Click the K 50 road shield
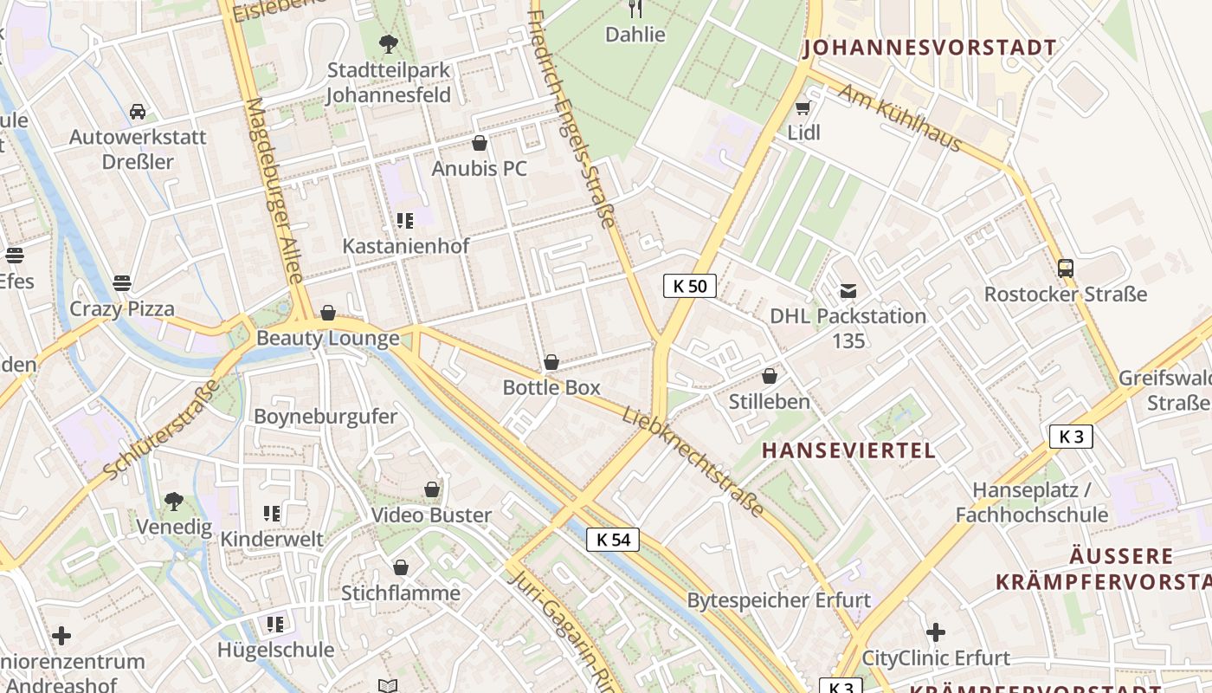[690, 286]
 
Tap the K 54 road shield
[613, 540]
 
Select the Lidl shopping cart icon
[803, 108]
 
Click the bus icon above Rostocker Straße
[1065, 269]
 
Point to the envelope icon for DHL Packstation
[848, 291]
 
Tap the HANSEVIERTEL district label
[848, 450]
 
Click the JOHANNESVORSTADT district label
[931, 48]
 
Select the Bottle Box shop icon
[551, 362]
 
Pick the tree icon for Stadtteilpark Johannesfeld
[389, 43]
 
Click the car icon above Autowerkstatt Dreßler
[138, 112]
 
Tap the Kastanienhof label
[406, 246]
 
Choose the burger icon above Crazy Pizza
[122, 283]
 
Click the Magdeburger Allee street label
[274, 191]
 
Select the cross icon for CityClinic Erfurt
[936, 632]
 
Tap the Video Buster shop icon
[432, 490]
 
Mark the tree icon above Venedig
[174, 501]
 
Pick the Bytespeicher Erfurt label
[778, 600]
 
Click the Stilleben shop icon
[769, 376]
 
